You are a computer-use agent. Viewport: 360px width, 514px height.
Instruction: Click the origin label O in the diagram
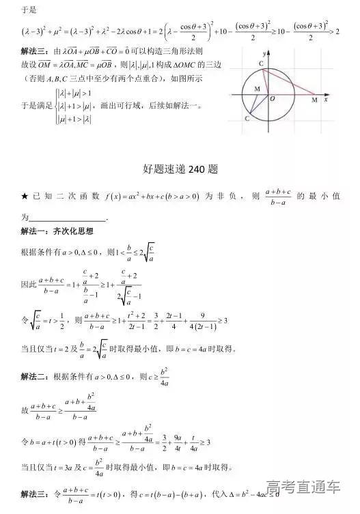[272, 100]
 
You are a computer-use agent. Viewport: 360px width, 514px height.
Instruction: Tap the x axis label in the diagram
[327, 100]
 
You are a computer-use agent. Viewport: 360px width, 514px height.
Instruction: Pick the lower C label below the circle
[247, 118]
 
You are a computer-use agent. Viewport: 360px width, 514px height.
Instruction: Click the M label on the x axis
[314, 100]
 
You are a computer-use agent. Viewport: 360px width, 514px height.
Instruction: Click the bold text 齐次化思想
[71, 232]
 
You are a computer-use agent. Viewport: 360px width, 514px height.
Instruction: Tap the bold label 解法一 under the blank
[34, 232]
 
